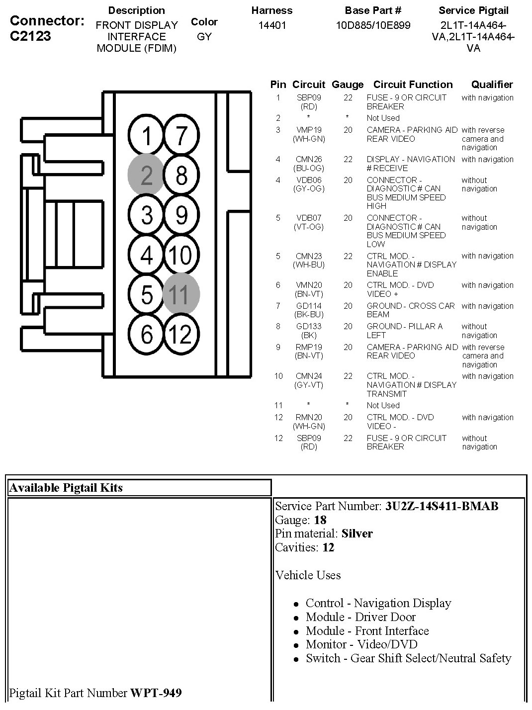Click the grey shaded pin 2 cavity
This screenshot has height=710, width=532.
[146, 175]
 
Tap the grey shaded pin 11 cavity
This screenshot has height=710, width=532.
[181, 294]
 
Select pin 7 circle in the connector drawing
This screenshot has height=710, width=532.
[181, 135]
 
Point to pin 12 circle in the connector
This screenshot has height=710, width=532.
[181, 334]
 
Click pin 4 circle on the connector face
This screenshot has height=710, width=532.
[146, 255]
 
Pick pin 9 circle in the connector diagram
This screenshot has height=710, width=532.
[181, 215]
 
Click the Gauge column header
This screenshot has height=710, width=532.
[348, 85]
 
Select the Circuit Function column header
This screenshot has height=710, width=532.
[413, 85]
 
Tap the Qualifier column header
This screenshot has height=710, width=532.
[492, 85]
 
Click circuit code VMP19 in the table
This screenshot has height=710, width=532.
[309, 130]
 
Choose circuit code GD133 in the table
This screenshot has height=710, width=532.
[309, 327]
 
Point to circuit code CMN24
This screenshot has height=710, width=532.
[309, 376]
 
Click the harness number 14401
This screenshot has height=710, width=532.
[272, 25]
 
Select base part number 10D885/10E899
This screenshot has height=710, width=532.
[373, 25]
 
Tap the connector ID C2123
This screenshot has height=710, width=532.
[30, 36]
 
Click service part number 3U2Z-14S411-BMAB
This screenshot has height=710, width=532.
[442, 506]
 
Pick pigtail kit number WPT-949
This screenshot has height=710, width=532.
[156, 693]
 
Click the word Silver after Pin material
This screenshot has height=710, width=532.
[357, 534]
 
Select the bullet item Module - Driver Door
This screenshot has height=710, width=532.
[360, 617]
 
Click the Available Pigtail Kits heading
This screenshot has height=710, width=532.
[66, 488]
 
